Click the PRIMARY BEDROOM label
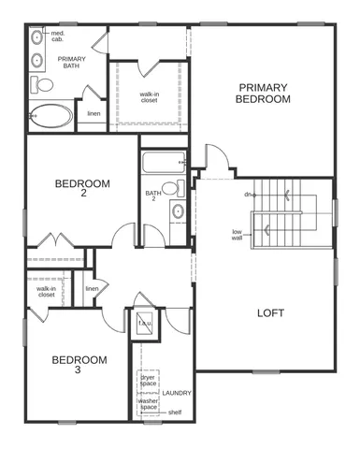click(x=262, y=94)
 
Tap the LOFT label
click(x=270, y=313)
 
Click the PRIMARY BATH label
click(x=71, y=62)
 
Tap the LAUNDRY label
click(x=177, y=393)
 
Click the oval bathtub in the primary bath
click(x=50, y=117)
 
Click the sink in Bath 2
click(x=177, y=212)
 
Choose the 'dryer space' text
click(x=148, y=380)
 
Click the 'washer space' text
click(x=148, y=403)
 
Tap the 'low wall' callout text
click(x=238, y=234)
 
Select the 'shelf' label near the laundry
click(x=175, y=413)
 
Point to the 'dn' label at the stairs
click(x=249, y=195)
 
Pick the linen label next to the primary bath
click(x=94, y=114)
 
